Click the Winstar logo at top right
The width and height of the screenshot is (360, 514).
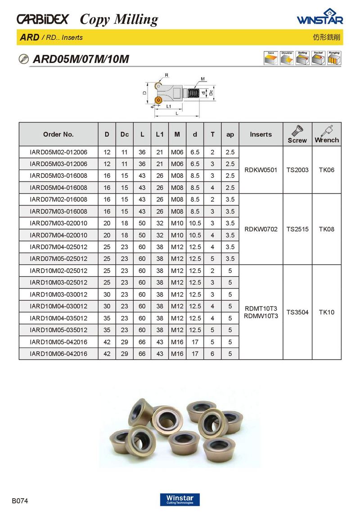coord(320,18)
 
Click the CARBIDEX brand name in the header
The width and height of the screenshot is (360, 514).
coord(43,19)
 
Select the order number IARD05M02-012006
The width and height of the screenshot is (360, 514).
coord(58,152)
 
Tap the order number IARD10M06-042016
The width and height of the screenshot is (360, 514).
coord(58,354)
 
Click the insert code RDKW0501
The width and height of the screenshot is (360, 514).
coord(261,170)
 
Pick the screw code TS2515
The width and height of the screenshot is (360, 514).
coord(297,229)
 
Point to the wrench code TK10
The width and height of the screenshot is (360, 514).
coord(327,312)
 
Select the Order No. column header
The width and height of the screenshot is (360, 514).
coord(58,134)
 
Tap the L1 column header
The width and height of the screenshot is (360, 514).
coord(159,134)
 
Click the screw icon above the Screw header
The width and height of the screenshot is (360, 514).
coord(297,130)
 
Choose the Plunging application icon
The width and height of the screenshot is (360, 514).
coord(333,59)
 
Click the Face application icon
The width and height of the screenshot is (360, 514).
coord(270,59)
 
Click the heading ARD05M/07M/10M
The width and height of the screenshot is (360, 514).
coord(81,59)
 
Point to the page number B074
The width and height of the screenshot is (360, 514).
coord(20,500)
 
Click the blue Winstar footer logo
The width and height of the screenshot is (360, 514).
coord(180,499)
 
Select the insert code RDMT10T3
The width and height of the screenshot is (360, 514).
coord(261,308)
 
